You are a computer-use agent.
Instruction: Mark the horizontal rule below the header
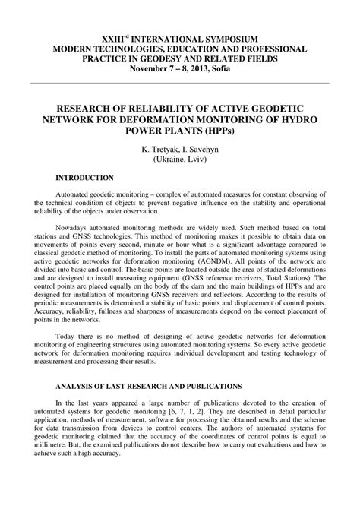[x=180, y=83]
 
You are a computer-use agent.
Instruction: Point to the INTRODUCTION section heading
[x=84, y=178]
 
